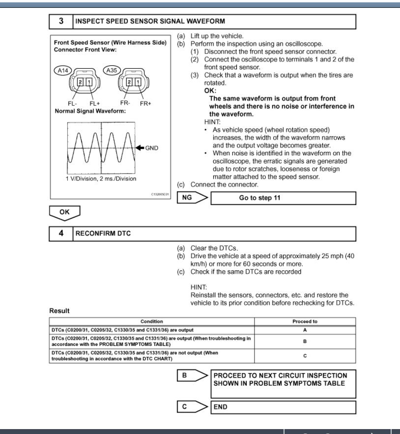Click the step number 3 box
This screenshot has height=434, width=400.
61,21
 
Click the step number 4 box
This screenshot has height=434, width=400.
61,233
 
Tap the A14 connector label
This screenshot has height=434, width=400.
63,71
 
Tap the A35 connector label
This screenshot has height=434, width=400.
112,71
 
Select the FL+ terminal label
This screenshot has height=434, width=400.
94,104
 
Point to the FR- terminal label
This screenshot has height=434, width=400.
125,104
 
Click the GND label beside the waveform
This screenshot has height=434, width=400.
152,147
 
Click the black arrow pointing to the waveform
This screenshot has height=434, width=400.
140,147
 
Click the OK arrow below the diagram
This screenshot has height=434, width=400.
65,212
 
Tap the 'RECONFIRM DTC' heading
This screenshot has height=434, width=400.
103,233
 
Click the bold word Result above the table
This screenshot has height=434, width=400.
59,311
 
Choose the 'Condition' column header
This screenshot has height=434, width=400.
151,321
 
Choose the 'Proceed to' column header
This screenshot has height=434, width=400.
305,321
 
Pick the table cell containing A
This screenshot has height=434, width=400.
305,330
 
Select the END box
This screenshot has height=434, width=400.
283,407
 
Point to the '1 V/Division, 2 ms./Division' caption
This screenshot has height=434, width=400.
101,179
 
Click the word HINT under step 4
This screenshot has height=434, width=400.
199,287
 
